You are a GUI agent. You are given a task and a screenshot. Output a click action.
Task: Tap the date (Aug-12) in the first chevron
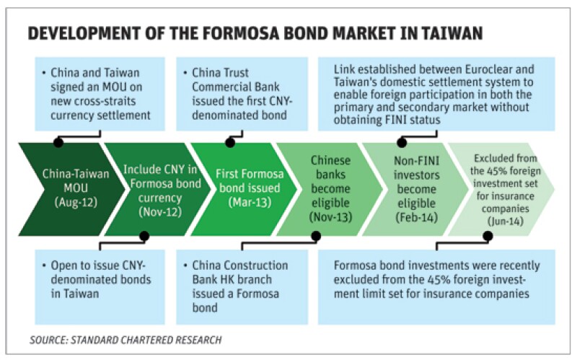point(76,202)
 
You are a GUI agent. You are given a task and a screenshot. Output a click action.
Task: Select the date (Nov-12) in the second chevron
point(160,212)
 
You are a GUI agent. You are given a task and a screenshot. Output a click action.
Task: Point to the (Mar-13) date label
point(250,202)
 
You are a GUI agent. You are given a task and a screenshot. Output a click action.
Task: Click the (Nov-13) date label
point(330,217)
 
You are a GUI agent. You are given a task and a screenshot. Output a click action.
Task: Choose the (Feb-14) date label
point(417,217)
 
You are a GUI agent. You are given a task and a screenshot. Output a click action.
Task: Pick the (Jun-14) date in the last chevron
point(506,221)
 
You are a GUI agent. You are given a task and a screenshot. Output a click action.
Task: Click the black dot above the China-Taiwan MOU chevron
point(58,142)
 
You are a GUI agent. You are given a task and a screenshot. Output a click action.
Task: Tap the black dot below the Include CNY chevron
point(144,236)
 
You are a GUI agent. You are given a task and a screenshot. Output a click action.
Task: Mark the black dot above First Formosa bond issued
point(230,142)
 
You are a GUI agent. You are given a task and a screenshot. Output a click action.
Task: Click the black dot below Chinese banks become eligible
point(316,236)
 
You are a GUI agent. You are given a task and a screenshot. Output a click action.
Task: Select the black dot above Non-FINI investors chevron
point(402,142)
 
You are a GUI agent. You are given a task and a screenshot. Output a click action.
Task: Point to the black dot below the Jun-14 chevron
point(488,236)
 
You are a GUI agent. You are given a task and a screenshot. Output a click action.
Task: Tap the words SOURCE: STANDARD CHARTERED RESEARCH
point(125,339)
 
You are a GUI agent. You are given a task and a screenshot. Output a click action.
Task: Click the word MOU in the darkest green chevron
point(76,188)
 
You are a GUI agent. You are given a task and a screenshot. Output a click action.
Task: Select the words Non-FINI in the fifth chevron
point(417,161)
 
